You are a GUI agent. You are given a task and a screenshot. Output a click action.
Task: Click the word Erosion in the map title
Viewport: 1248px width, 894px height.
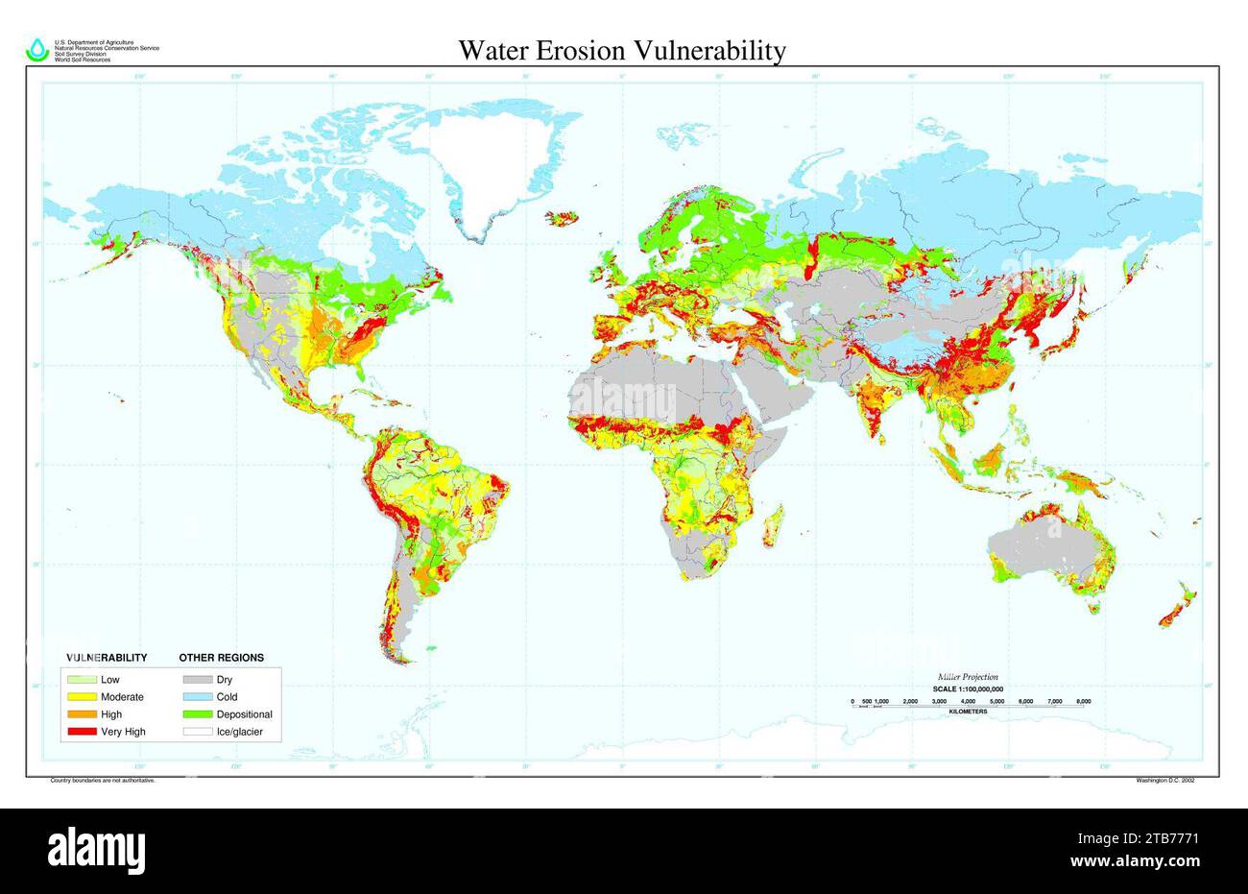[x=609, y=50]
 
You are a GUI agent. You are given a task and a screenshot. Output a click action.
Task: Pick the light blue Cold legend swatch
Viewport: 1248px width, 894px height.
[x=196, y=697]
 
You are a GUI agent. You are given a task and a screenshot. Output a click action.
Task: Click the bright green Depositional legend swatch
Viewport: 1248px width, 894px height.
[x=196, y=714]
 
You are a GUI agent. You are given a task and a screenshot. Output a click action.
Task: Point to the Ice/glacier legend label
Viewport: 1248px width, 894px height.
[x=239, y=732]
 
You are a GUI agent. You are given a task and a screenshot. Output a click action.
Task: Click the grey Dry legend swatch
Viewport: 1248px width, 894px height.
[x=196, y=680]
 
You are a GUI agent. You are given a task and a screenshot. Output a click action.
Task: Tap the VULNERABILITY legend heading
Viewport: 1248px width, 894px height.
[x=106, y=658]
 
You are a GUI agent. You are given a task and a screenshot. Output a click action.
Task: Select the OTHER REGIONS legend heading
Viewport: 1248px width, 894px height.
[x=222, y=658]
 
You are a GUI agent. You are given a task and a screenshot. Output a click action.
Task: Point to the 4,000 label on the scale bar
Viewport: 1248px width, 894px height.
[x=968, y=702]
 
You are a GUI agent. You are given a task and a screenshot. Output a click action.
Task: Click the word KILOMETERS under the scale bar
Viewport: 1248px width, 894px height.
[x=968, y=712]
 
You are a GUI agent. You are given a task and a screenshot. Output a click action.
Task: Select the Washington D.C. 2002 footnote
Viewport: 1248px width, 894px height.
[x=1164, y=781]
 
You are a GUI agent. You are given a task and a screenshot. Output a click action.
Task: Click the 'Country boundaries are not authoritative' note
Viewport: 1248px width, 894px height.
[x=102, y=781]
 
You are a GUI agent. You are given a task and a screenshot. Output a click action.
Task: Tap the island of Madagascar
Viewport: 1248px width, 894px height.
[x=775, y=523]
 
